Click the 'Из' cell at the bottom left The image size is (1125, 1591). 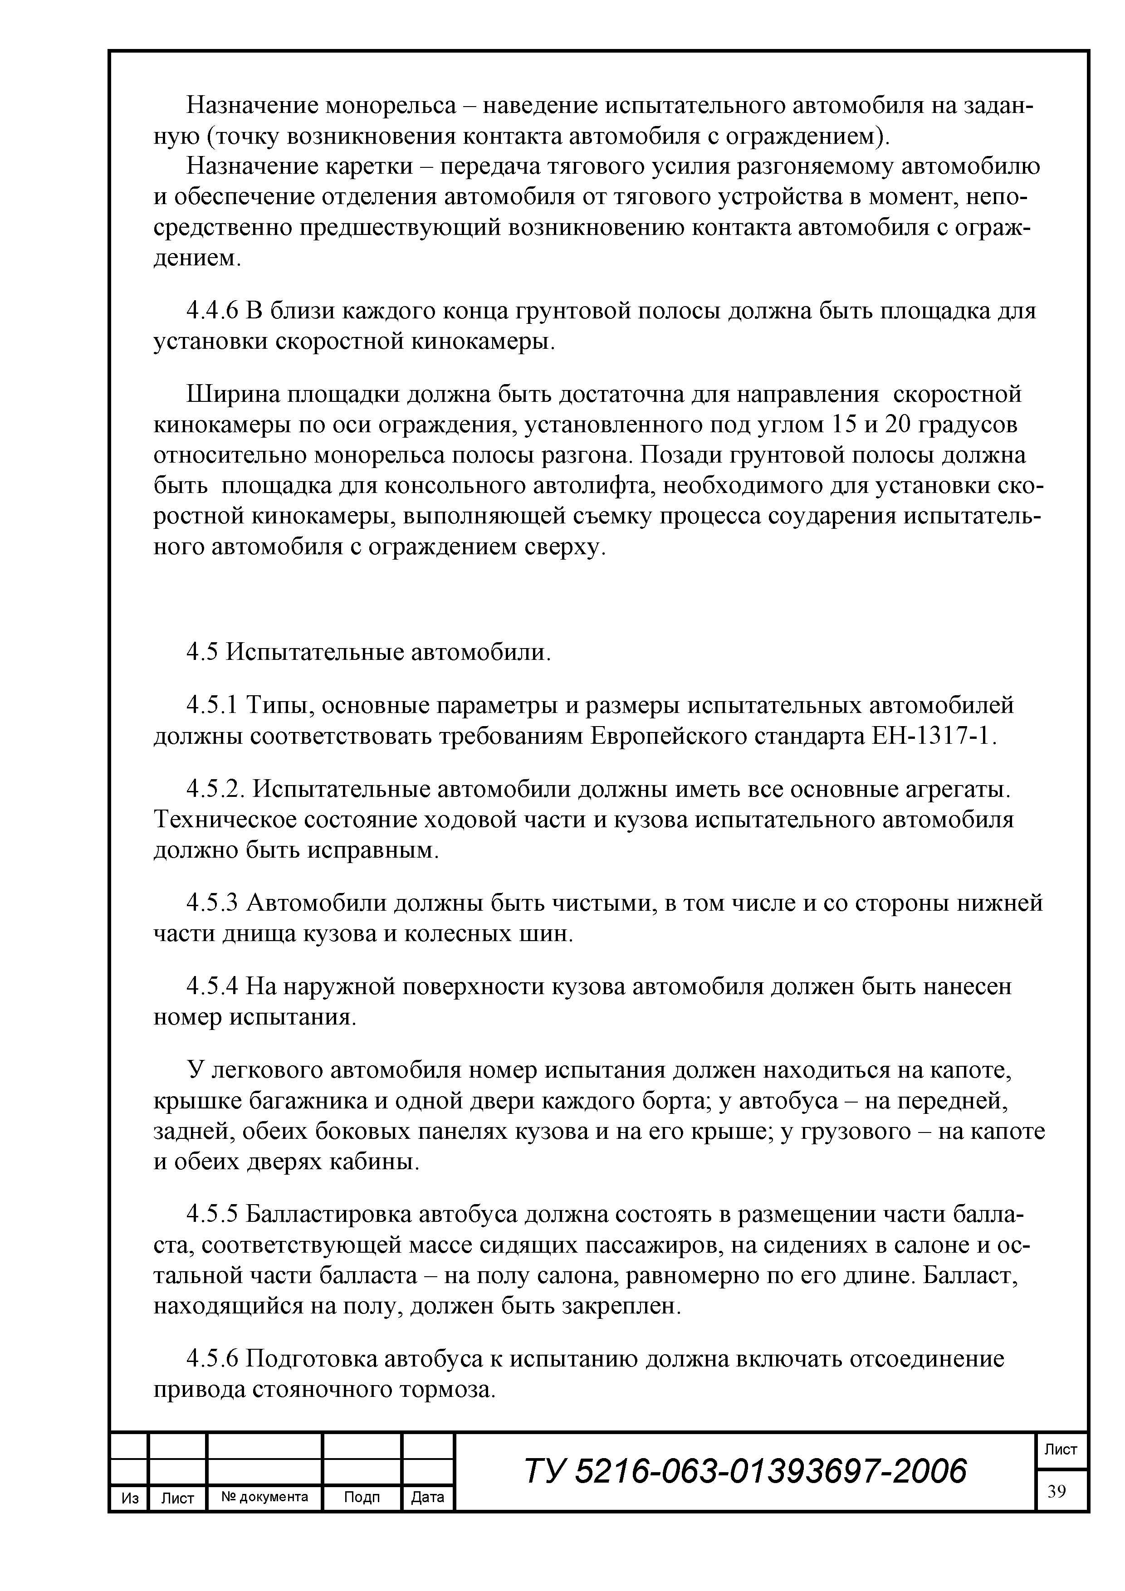[x=130, y=1498]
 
